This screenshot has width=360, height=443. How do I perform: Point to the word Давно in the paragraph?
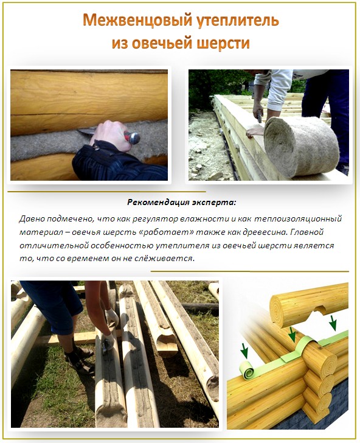click(32, 218)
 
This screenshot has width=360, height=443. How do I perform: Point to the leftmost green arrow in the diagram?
click(244, 351)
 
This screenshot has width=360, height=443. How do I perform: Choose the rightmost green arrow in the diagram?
click(333, 322)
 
